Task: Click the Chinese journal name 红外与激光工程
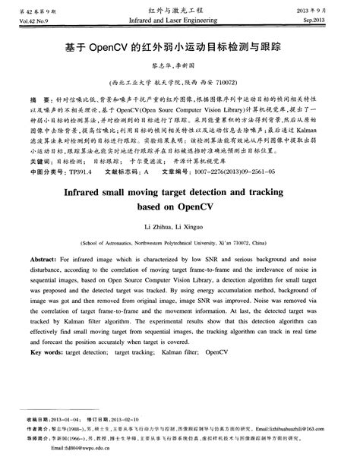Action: click(x=180, y=7)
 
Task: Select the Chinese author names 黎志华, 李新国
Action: click(x=179, y=65)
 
